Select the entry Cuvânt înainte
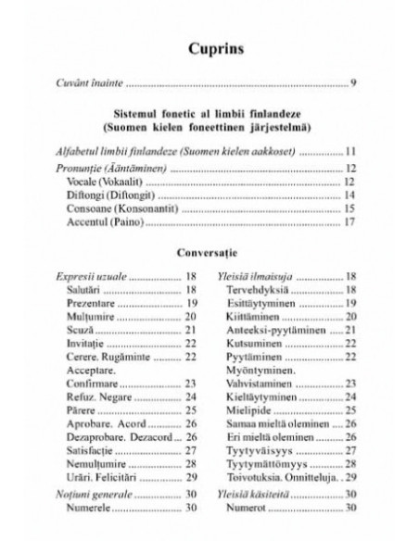93,85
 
